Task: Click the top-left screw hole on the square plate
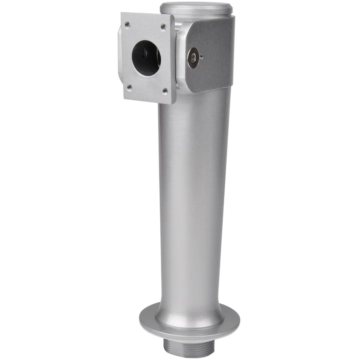127,25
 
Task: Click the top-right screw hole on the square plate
163,27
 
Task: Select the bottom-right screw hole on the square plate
165,91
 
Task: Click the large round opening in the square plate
146,58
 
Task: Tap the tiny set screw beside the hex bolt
201,56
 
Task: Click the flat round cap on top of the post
196,7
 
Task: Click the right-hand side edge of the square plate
173,60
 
